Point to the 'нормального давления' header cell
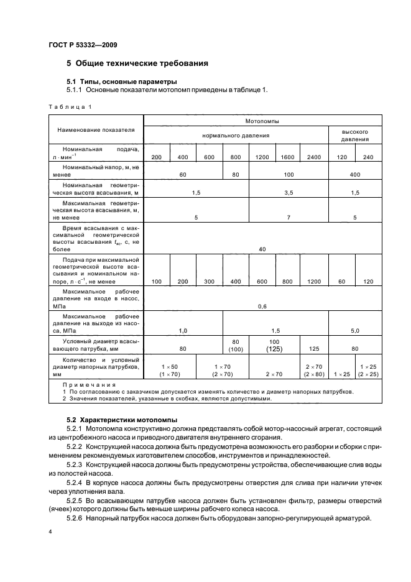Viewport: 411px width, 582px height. (x=236, y=134)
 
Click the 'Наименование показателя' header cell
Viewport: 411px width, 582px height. (x=96, y=130)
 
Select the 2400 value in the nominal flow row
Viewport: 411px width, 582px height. (x=314, y=157)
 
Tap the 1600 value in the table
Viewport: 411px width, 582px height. (x=287, y=157)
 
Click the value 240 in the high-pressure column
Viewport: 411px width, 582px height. (x=368, y=157)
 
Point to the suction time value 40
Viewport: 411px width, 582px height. (x=262, y=249)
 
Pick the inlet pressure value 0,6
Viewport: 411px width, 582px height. (x=262, y=306)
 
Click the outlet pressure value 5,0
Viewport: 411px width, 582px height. (x=355, y=330)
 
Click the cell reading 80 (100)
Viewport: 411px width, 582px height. (x=236, y=346)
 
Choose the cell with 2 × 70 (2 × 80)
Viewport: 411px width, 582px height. (x=314, y=371)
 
